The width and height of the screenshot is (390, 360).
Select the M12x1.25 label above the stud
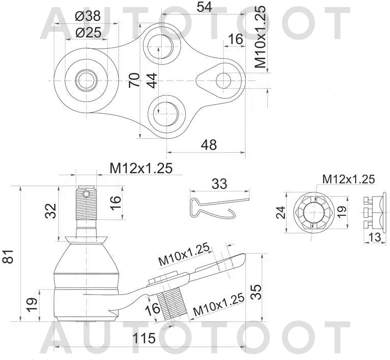[141, 168]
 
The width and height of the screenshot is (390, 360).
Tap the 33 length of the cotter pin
[219, 184]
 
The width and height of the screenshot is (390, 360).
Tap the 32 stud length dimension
[50, 210]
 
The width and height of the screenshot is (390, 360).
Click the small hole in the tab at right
[223, 80]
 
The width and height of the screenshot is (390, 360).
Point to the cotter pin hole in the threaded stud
[87, 193]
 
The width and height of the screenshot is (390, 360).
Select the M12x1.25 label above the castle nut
[348, 179]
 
